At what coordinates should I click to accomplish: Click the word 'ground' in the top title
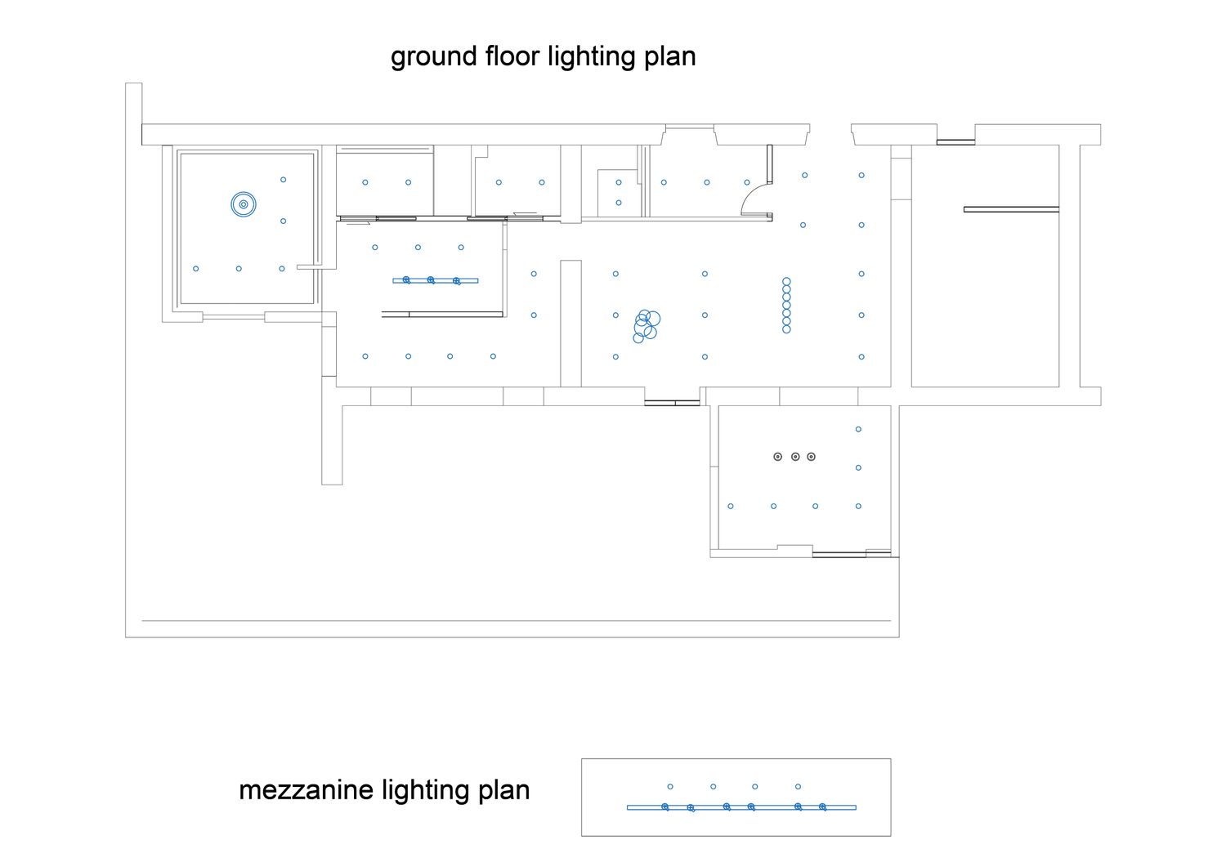(434, 57)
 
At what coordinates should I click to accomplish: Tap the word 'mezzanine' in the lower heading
(306, 791)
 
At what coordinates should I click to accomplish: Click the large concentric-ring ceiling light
(244, 205)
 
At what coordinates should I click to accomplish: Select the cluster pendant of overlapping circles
(647, 326)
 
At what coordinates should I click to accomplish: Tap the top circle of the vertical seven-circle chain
(786, 281)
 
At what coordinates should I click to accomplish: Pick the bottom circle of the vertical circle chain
(786, 329)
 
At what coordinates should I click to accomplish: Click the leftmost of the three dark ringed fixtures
(778, 457)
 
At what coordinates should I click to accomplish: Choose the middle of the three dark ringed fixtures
(795, 457)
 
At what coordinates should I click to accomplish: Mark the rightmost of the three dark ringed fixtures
(811, 457)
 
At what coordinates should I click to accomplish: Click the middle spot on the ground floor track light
(432, 280)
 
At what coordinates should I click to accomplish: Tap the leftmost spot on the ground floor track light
(407, 280)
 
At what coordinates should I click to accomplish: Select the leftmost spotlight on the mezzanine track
(665, 807)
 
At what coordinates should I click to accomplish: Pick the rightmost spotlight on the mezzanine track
(822, 807)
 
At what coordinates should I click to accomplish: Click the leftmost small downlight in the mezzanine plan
(670, 787)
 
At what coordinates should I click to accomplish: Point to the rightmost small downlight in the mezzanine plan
(798, 787)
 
